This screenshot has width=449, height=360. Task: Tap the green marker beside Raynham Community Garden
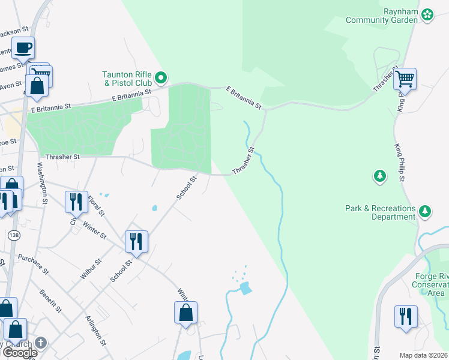(x=427, y=14)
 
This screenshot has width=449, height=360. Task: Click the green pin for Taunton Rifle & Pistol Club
(x=161, y=77)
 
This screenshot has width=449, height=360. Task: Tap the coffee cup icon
(x=23, y=48)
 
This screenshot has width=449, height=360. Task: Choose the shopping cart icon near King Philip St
(x=405, y=79)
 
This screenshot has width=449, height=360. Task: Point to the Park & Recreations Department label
(x=381, y=212)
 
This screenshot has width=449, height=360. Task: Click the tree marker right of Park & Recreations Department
(x=425, y=211)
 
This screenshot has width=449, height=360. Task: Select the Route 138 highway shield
(x=12, y=235)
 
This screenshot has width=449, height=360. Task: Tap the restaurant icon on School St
(x=136, y=242)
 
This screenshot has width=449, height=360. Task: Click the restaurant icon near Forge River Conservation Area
(x=406, y=317)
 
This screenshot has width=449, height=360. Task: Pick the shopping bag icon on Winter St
(x=185, y=313)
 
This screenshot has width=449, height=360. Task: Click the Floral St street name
(x=96, y=204)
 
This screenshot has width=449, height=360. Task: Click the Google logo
(x=20, y=353)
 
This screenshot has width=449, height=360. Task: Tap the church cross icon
(x=40, y=343)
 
